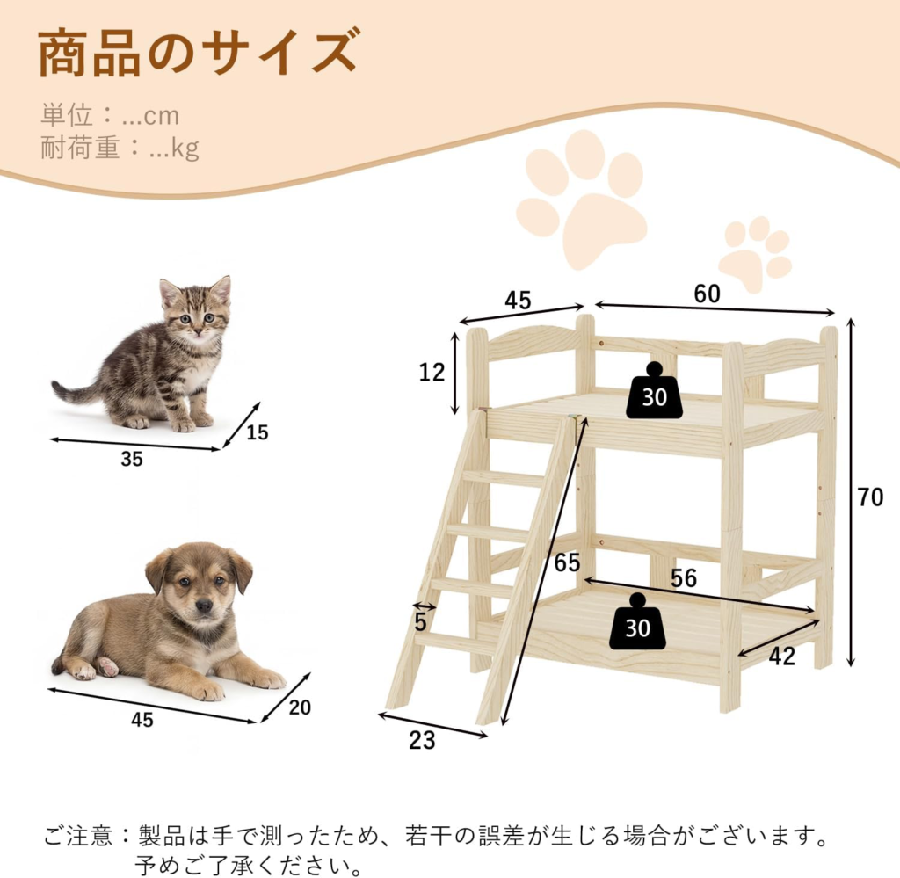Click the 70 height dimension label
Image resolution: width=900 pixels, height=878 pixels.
(870, 497)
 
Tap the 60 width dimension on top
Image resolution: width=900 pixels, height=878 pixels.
(707, 294)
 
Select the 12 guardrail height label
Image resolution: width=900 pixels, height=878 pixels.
(432, 373)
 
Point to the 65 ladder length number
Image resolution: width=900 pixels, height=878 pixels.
(567, 562)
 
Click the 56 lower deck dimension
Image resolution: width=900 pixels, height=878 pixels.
(684, 578)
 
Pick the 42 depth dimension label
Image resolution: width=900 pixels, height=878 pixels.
(781, 657)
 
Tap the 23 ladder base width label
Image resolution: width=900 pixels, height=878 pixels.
(422, 740)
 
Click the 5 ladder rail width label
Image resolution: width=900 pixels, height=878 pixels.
(421, 621)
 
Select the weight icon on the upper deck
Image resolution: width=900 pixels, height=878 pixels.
(654, 390)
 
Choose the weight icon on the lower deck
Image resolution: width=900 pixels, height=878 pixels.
(637, 622)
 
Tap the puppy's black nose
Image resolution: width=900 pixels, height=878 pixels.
(203, 605)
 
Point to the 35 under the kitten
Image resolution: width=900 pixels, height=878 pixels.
(132, 459)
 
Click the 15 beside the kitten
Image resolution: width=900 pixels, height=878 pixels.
(258, 432)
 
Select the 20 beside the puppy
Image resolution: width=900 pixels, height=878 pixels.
(300, 707)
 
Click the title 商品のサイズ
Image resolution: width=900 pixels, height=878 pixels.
(199, 54)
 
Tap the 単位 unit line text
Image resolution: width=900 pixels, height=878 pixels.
(110, 115)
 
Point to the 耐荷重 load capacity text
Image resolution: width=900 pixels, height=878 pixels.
(120, 148)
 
